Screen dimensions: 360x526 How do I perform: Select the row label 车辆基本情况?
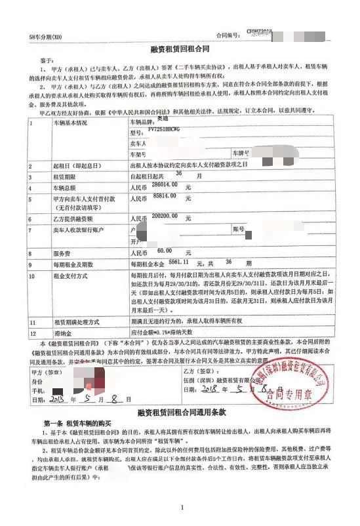tap(70, 123)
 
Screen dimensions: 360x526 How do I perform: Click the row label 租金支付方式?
tap(70, 277)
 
